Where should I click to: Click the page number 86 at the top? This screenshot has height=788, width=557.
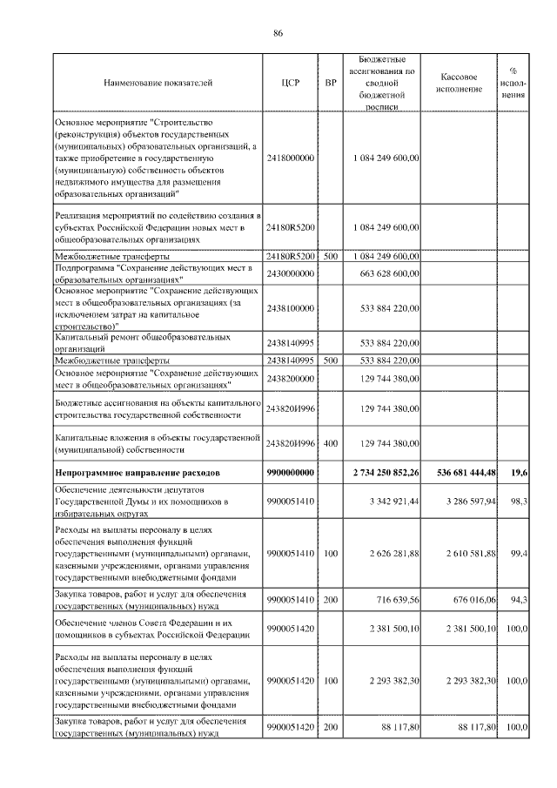coord(278,34)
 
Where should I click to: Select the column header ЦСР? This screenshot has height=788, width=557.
coord(291,84)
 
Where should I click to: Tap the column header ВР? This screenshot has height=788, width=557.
coord(330,84)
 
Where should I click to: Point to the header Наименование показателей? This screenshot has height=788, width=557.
coord(158,84)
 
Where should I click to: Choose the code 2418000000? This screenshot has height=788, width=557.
coord(291,158)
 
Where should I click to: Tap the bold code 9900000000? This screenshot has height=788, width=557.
coord(291,472)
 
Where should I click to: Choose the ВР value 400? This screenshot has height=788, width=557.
coord(330,443)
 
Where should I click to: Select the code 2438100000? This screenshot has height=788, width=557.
coord(291,307)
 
